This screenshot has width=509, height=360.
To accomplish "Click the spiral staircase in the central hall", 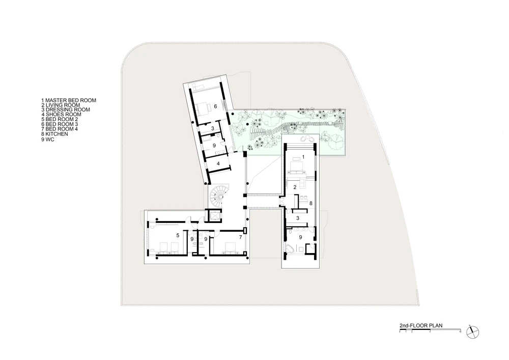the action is [x=216, y=197].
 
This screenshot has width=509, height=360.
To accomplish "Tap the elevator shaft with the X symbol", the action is [x=215, y=215].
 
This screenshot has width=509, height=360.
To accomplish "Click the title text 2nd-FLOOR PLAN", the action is [x=421, y=325].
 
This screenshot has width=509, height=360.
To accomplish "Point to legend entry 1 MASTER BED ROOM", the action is [x=69, y=100].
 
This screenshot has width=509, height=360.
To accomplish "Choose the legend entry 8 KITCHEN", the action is [x=54, y=134].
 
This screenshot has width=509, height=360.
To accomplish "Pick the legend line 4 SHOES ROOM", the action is [x=62, y=114].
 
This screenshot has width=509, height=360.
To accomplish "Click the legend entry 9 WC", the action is [x=48, y=140].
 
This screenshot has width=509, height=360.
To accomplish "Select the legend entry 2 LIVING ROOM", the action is [x=61, y=105].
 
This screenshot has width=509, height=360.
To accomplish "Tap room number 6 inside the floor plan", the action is [x=215, y=106].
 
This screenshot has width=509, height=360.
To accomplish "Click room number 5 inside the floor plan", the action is [x=178, y=235].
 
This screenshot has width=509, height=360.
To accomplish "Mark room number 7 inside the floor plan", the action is [x=240, y=237].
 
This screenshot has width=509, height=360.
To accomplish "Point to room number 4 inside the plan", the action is [x=218, y=163].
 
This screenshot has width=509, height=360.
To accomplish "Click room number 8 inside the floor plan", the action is [x=310, y=203].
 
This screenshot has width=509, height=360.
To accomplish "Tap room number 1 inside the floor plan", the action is [x=303, y=157].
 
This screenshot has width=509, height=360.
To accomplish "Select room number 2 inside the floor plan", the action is [x=295, y=187].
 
